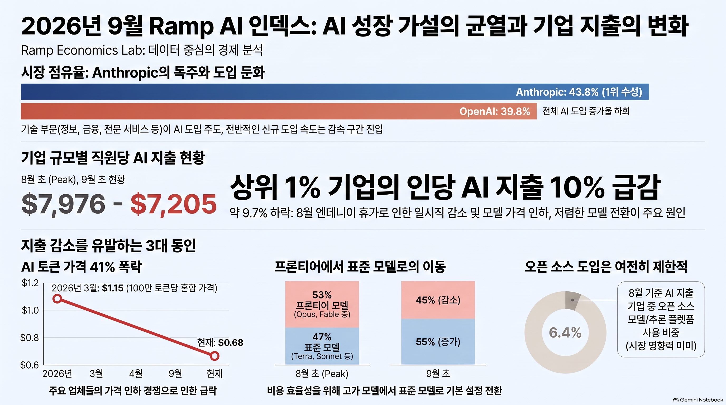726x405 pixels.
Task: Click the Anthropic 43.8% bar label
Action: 579,92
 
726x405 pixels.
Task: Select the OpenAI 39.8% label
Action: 495,112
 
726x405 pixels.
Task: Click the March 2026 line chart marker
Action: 57,298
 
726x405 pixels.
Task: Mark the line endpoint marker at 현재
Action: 214,356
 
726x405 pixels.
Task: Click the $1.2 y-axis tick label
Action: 30,283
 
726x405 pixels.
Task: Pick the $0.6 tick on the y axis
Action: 30,365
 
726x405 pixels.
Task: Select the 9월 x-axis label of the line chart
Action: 175,373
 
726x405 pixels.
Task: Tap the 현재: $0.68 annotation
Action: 220,343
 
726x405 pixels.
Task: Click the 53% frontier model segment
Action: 322,304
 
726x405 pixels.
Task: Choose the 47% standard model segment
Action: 322,346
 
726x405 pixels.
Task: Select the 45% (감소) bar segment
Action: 438,300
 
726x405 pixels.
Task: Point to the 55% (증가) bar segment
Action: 438,342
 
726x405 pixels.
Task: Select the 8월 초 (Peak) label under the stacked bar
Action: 322,374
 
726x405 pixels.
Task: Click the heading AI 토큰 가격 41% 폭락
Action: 81,266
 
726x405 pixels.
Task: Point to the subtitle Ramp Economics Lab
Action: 83,51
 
